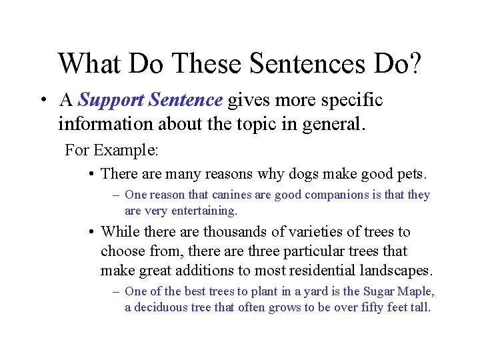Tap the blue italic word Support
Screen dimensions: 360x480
(111, 101)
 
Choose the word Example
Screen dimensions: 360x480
(127, 150)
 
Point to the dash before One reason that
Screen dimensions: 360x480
(116, 195)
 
